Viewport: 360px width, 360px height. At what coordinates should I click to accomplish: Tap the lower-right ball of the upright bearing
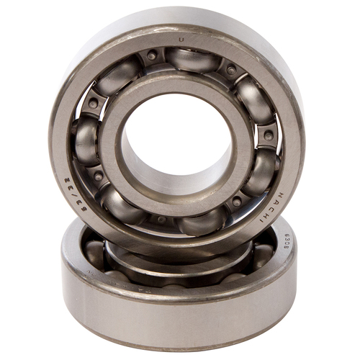click(261, 171)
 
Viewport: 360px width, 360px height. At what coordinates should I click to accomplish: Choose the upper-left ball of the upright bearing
click(119, 76)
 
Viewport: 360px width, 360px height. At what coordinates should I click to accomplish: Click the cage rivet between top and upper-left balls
click(151, 55)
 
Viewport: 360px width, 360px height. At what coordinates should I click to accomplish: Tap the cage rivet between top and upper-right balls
click(230, 70)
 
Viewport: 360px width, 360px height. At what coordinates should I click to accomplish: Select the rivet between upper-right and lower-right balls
click(269, 135)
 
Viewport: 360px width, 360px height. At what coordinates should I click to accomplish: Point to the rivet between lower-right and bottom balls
click(236, 202)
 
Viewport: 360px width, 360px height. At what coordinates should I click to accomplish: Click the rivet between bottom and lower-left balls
click(160, 219)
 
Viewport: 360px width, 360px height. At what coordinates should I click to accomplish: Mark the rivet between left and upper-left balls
click(94, 103)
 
